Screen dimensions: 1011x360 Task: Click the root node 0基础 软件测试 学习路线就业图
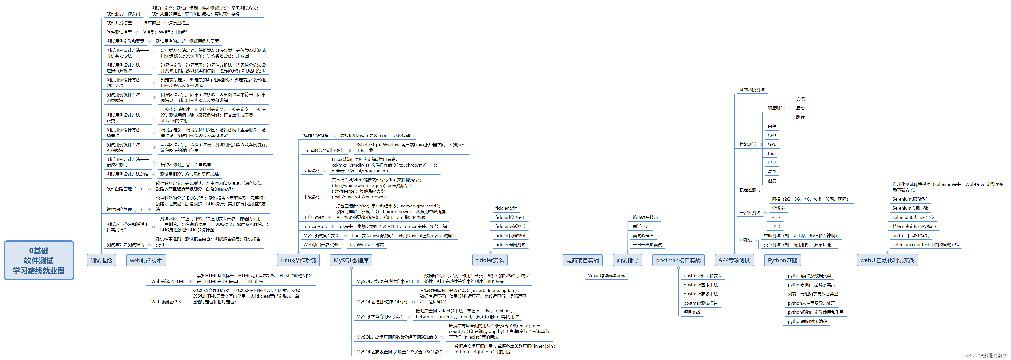[39, 260]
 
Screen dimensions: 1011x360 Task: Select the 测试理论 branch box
[101, 260]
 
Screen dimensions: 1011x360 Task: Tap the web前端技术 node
[146, 260]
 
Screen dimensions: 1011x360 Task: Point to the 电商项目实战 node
[582, 260]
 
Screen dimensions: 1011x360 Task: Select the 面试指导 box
[627, 260]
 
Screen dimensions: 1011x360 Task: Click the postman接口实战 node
[678, 260]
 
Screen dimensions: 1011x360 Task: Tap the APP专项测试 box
[734, 260]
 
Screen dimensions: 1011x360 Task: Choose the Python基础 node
[782, 260]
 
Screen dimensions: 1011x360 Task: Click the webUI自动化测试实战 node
[887, 260]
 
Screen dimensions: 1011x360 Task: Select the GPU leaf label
[772, 144]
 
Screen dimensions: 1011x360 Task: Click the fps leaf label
[771, 154]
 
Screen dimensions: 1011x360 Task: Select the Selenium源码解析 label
[910, 199]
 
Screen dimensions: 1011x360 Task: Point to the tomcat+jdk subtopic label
[315, 226]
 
